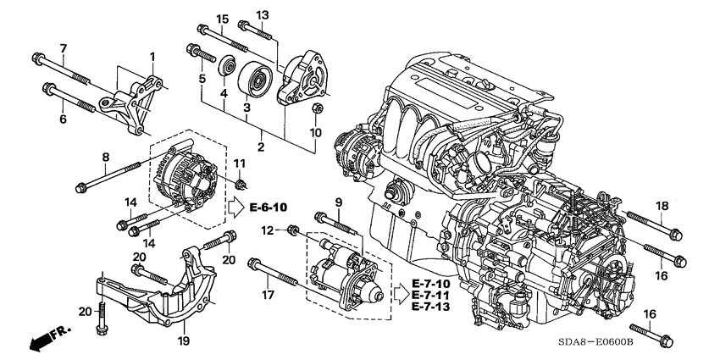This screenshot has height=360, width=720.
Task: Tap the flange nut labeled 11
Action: tap(241, 184)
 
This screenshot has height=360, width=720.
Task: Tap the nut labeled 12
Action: tap(292, 230)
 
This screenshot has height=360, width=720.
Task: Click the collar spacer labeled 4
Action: tap(226, 67)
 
